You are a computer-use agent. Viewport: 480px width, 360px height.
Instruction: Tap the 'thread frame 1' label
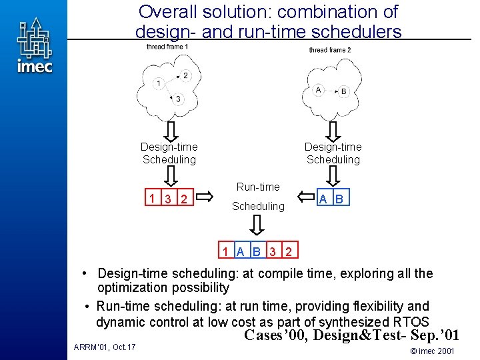[167, 47]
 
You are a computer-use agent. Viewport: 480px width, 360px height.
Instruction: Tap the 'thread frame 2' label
[329, 50]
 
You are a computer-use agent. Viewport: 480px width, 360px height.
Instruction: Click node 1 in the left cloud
[158, 83]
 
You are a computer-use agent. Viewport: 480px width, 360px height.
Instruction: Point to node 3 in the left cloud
[178, 99]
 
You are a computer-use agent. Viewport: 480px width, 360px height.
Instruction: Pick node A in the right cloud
[318, 89]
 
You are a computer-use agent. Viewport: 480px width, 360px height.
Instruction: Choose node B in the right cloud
[343, 91]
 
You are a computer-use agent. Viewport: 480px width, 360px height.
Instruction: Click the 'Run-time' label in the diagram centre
[258, 187]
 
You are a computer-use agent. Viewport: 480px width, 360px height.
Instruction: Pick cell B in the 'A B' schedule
[339, 198]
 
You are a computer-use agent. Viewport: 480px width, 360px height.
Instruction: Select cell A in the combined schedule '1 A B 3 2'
[240, 251]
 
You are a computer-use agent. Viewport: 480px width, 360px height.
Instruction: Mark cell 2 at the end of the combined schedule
[289, 251]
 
